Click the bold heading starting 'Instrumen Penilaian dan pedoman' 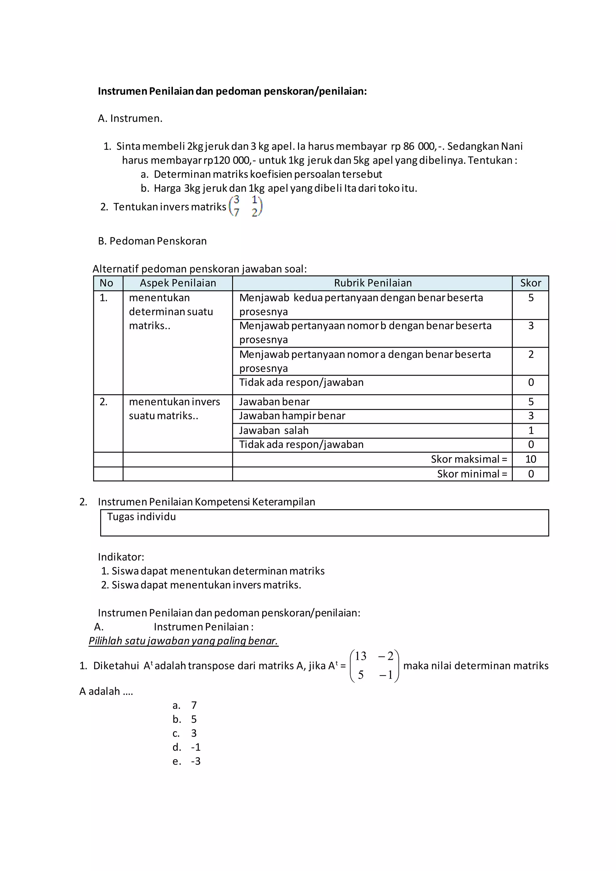tap(232, 91)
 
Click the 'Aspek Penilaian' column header tap(177, 283)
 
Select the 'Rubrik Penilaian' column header tap(372, 283)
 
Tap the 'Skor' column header tap(530, 283)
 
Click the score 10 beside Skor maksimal tap(530, 459)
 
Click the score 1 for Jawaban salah tap(531, 431)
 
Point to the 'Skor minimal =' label tap(472, 474)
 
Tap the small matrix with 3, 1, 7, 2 tap(246, 206)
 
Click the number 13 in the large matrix tap(360, 656)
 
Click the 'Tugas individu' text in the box tap(141, 517)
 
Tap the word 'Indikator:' tap(121, 557)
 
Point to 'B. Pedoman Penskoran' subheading tap(152, 241)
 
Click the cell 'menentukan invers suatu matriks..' tap(174, 408)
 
